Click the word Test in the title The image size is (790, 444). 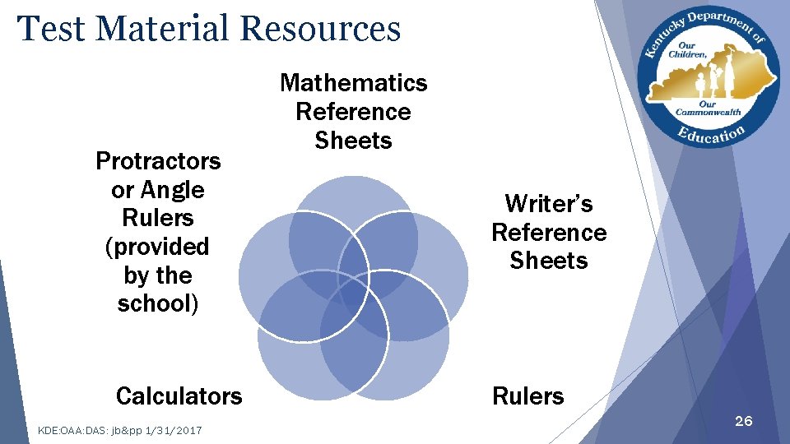pos(52,28)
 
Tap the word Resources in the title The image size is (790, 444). pos(320,28)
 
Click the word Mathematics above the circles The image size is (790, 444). pos(354,83)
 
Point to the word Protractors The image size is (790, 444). pos(158,160)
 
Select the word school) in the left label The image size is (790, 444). pos(158,303)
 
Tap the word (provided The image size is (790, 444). pos(158,247)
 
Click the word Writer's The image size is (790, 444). pos(549,203)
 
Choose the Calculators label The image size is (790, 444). pos(179,396)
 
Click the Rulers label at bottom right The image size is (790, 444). pos(528,396)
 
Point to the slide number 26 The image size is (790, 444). pos(743,422)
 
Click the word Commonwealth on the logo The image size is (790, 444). pos(708,112)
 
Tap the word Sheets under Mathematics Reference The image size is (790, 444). pos(354,141)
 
